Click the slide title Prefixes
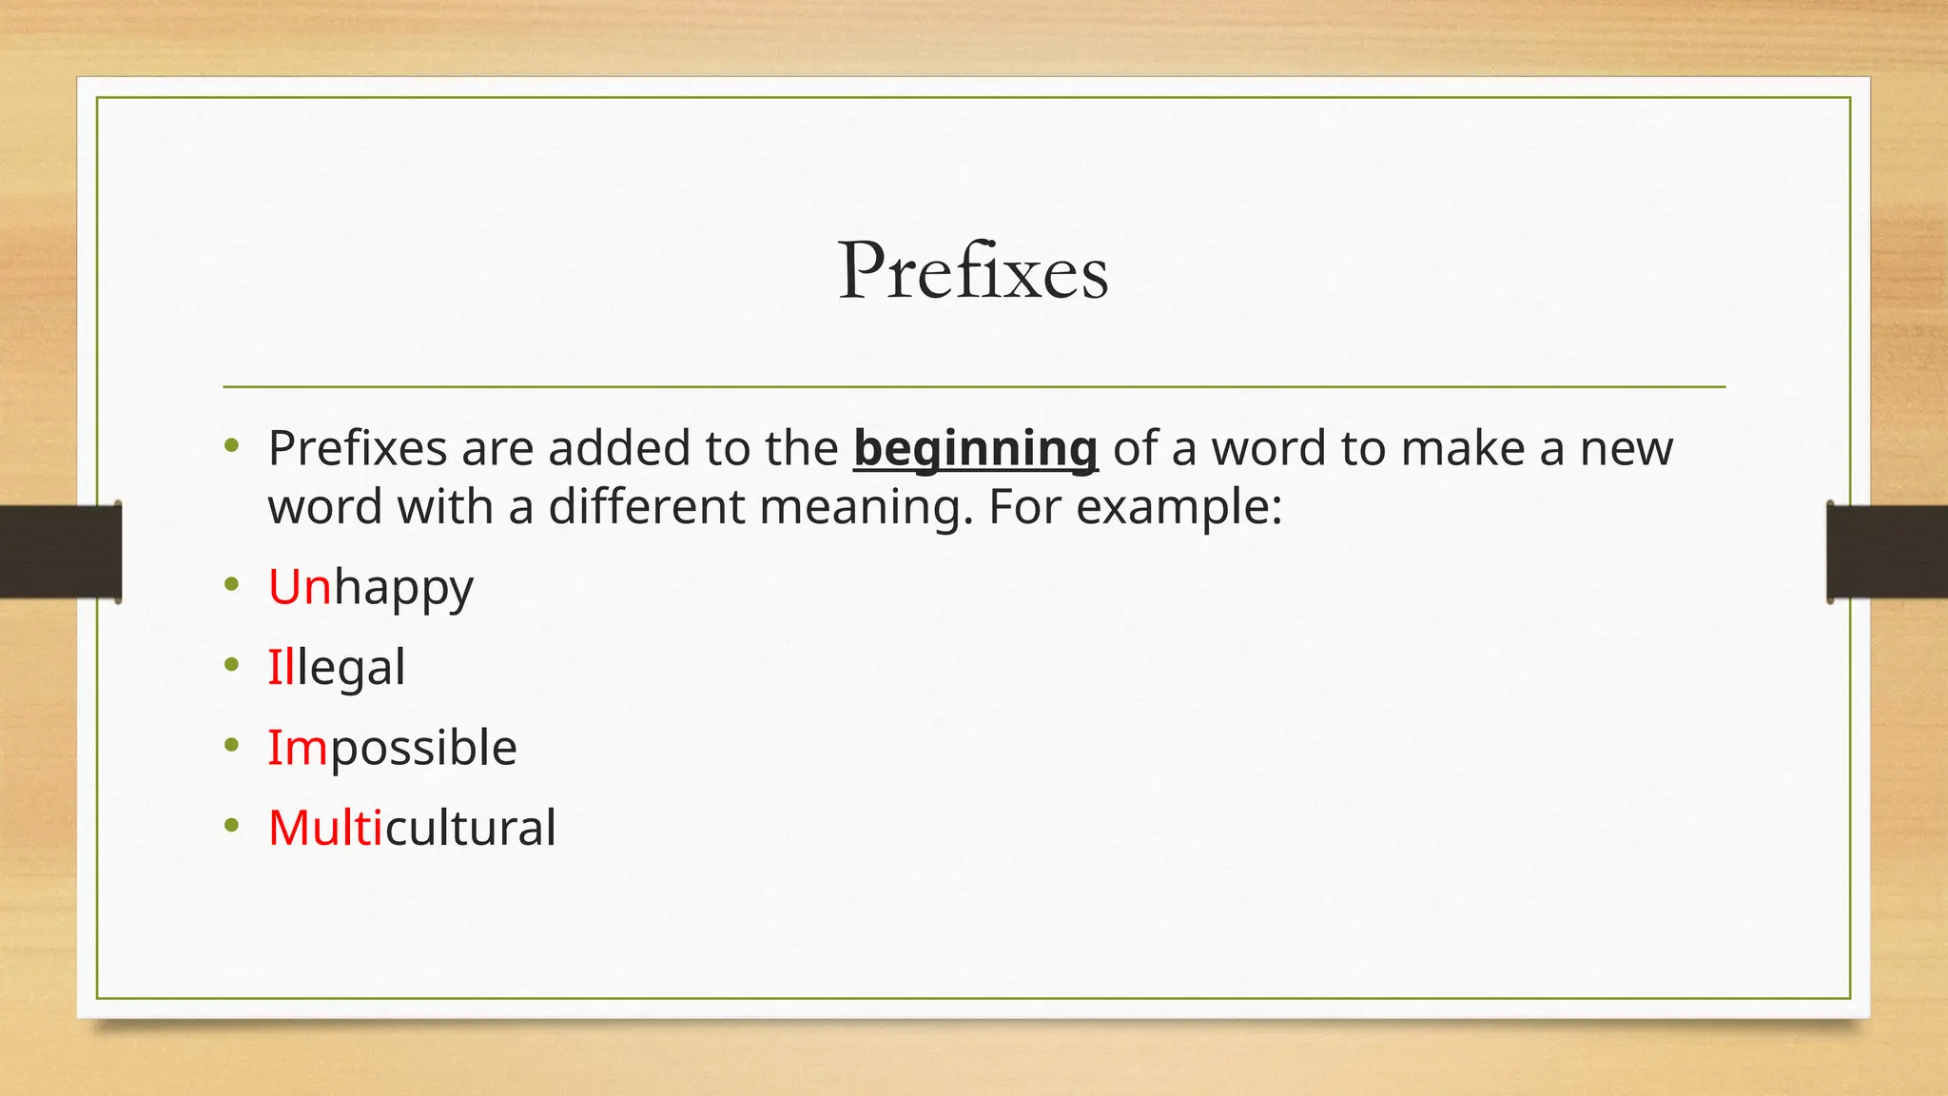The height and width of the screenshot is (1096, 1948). coord(973,272)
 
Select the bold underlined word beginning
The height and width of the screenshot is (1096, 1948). coord(975,449)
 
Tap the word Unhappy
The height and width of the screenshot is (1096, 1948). coord(370,588)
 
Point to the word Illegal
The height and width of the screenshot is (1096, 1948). coord(336,667)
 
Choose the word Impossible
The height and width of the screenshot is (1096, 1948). coord(392,748)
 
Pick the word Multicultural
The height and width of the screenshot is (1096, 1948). coord(412,828)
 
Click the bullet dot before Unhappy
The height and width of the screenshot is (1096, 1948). coord(232,585)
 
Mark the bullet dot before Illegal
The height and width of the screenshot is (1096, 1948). coord(232,665)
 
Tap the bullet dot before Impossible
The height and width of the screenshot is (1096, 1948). coord(232,746)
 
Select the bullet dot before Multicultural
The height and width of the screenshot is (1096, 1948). coord(232,826)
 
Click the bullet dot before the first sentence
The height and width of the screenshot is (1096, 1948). coord(232,446)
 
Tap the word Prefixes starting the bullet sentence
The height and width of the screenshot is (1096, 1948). coord(357,448)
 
